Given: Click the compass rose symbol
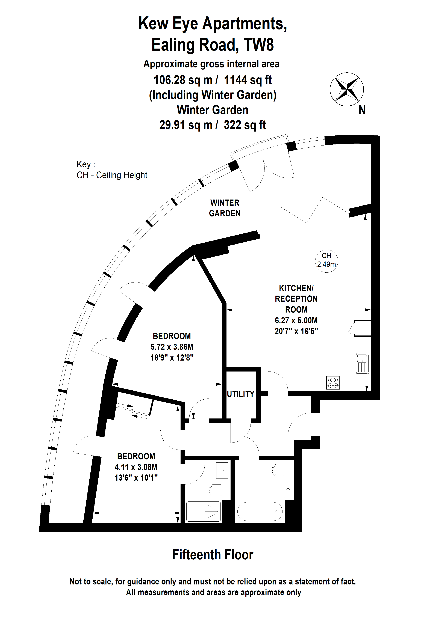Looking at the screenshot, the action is click(x=347, y=89).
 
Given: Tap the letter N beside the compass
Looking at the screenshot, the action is click(x=362, y=110).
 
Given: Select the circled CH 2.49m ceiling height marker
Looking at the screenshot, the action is click(x=326, y=260).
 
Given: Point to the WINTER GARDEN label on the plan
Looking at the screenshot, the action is click(x=225, y=208).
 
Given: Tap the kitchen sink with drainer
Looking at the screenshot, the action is click(x=362, y=363).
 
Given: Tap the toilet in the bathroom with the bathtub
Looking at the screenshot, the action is click(x=278, y=470).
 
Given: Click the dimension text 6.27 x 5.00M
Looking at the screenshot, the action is click(x=296, y=320).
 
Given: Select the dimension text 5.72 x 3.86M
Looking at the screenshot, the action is click(x=172, y=347).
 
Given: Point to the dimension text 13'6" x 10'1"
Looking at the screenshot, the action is click(x=136, y=478).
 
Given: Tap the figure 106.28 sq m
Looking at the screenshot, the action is click(x=183, y=80).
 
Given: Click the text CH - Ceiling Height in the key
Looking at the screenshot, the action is click(x=112, y=175).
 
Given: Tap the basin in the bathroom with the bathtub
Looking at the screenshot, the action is click(x=285, y=489).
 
